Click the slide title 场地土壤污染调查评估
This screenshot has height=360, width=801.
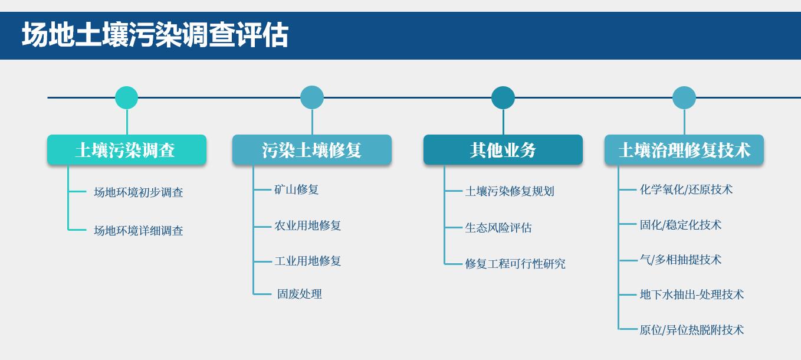(155, 35)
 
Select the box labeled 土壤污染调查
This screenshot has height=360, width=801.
(127, 149)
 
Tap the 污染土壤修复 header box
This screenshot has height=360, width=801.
(312, 149)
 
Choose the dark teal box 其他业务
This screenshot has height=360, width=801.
(503, 149)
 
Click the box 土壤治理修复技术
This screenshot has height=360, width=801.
(684, 149)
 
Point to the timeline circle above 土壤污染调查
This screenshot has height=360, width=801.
(127, 97)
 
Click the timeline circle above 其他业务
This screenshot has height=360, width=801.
(503, 97)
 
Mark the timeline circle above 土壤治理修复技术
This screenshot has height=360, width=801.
(684, 97)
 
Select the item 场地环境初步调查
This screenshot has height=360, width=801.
(139, 192)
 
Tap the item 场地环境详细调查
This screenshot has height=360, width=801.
(139, 230)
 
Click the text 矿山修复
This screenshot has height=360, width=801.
(297, 189)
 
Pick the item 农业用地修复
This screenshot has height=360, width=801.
(307, 225)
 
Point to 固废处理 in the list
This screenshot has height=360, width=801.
(300, 294)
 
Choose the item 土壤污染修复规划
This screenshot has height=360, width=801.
(510, 191)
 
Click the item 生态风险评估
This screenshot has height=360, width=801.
(498, 228)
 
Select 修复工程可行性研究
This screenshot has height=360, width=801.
(516, 264)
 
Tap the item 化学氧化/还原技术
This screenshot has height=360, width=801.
(686, 189)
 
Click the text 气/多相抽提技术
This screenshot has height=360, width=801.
(681, 260)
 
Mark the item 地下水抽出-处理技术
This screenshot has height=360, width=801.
(692, 294)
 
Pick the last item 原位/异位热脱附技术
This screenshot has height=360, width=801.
(692, 329)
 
